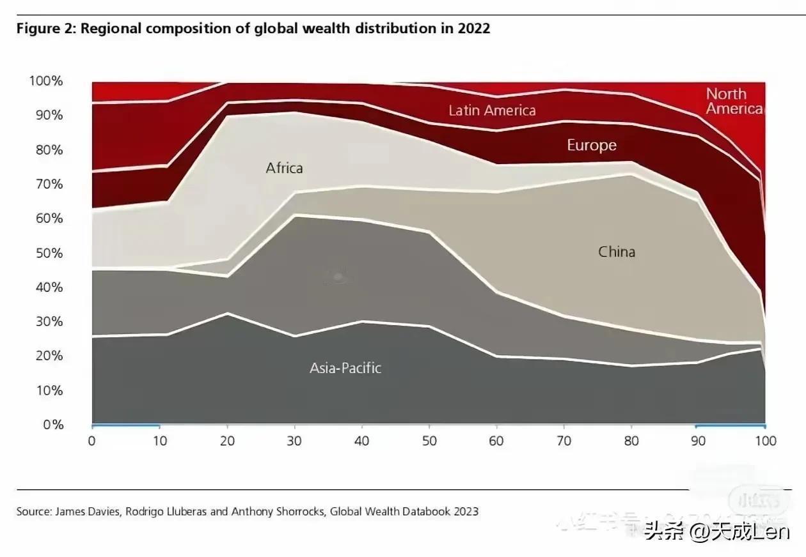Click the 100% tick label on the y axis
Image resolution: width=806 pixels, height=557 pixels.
coord(45,81)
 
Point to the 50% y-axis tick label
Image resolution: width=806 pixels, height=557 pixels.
coord(49,253)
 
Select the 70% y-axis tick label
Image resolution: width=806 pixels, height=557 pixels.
coord(49,185)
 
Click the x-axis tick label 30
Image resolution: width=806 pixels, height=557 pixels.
coord(295,441)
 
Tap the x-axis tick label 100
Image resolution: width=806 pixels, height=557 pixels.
coord(765,441)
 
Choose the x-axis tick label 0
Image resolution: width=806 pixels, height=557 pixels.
coord(91,441)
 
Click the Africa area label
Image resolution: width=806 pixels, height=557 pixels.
coord(284,169)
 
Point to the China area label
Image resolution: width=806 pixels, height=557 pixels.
coord(617,252)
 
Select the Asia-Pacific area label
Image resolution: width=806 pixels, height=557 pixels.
coord(345,368)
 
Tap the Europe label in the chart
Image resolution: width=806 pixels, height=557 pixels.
coord(591,146)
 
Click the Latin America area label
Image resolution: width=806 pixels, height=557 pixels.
coord(492,111)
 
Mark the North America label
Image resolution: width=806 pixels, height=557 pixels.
coord(734,101)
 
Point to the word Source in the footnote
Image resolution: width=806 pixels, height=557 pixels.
coord(33,511)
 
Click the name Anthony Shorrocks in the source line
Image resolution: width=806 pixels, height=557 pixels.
coord(285,511)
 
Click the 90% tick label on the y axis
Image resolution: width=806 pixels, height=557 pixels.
coord(49,116)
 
